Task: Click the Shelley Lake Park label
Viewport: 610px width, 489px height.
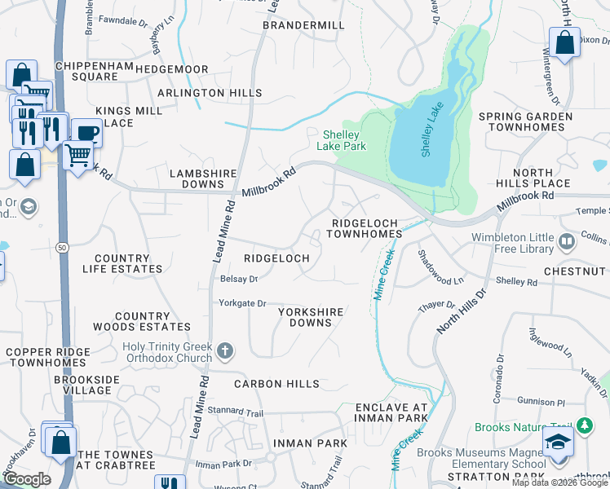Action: click(x=343, y=140)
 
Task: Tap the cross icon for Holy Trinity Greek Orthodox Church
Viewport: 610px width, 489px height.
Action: click(x=224, y=352)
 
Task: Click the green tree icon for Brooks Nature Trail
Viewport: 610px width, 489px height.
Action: click(x=584, y=425)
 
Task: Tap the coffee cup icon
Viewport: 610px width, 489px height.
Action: click(x=86, y=132)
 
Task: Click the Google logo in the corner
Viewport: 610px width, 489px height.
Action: click(x=27, y=478)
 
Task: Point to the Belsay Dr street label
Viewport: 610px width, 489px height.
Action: click(x=238, y=279)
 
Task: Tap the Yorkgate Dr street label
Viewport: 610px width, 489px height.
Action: click(x=242, y=303)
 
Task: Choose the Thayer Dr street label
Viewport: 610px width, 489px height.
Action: click(x=437, y=305)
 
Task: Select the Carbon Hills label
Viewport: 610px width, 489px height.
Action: click(x=271, y=384)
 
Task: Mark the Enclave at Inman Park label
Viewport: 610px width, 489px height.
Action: click(x=391, y=412)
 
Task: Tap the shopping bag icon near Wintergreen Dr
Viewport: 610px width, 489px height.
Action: click(x=564, y=43)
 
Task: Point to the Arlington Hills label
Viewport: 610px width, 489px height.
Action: click(x=210, y=93)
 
